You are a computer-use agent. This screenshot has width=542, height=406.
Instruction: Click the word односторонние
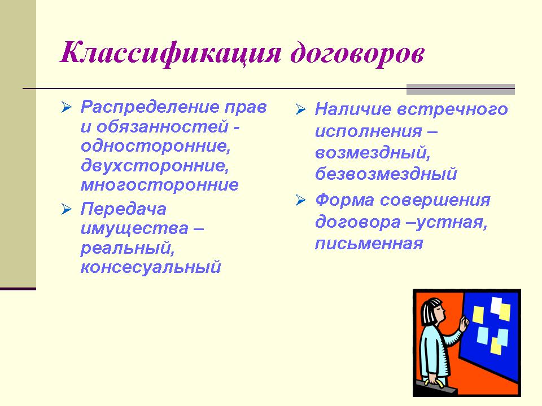click(x=156, y=145)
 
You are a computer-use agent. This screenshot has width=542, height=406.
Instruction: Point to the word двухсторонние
click(x=155, y=165)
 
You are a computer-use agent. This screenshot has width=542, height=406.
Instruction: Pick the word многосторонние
click(x=159, y=185)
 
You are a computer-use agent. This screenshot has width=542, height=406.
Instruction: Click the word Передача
click(x=124, y=209)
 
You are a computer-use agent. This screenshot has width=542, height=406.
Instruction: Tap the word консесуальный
click(x=151, y=267)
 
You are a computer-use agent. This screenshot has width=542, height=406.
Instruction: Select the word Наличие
click(x=353, y=109)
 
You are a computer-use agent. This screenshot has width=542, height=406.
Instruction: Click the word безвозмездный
click(x=386, y=174)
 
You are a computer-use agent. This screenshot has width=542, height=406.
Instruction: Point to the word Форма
click(x=344, y=200)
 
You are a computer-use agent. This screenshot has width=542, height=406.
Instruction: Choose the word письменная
click(x=369, y=244)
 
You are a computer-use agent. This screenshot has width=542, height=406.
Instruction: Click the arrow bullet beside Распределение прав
click(x=67, y=107)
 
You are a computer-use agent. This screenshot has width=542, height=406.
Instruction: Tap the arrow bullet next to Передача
click(x=67, y=209)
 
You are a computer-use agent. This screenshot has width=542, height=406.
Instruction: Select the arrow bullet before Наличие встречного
click(x=301, y=109)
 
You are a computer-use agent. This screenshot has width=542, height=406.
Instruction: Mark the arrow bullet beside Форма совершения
click(x=301, y=200)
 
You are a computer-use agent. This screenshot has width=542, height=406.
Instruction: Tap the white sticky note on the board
click(x=496, y=305)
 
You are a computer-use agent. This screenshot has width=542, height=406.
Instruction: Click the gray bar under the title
click(x=461, y=89)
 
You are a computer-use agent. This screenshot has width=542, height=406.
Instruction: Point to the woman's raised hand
click(x=464, y=324)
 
